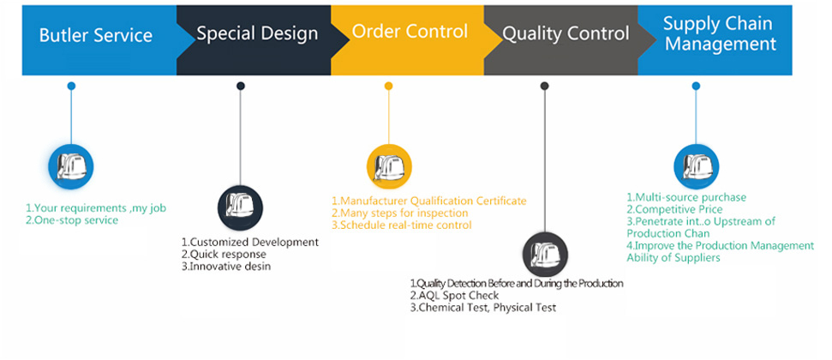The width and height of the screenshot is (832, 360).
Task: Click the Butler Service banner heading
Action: [x=96, y=36]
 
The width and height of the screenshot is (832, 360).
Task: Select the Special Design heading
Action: [x=257, y=34]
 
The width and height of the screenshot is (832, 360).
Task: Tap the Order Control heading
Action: [x=410, y=33]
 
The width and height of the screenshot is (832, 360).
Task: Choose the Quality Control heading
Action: [x=566, y=34]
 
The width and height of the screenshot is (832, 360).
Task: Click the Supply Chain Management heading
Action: [x=719, y=33]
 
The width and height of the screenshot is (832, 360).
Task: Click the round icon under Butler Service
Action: [x=70, y=165]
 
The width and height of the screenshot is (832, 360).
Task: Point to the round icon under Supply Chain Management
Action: [x=696, y=165]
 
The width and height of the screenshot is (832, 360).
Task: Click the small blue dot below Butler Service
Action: [x=71, y=86]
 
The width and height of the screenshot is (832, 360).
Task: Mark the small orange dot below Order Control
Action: [x=388, y=86]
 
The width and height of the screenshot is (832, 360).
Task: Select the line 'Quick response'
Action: [x=224, y=255]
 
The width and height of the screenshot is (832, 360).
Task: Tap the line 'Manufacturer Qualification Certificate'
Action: [x=428, y=201]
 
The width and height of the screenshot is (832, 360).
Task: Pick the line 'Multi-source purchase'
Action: [x=685, y=197]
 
